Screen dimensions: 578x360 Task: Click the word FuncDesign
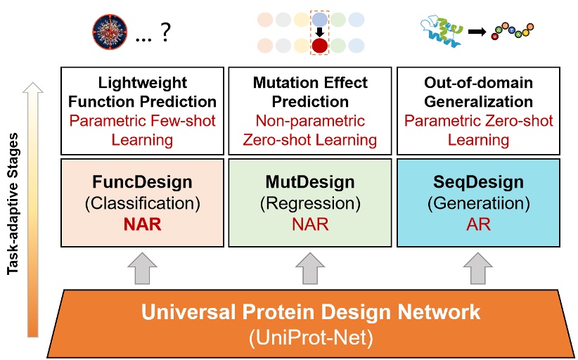142,182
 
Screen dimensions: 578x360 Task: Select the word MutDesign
310,182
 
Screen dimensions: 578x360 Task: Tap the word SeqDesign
478,182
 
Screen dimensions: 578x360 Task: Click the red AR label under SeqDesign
478,224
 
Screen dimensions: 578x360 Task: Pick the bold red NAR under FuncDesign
142,224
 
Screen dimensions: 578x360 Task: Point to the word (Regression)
310,203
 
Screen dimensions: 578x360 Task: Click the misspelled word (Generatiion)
478,203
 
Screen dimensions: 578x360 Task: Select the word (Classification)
142,203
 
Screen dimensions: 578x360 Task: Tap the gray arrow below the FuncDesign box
142,269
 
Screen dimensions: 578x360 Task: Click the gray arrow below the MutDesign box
310,269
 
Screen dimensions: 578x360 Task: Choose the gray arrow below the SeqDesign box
478,269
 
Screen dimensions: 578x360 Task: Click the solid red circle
320,46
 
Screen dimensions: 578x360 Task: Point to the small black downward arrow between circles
320,32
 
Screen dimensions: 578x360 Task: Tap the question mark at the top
165,32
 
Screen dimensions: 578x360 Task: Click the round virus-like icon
110,32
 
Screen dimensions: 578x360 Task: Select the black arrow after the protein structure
477,32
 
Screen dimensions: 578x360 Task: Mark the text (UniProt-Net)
311,337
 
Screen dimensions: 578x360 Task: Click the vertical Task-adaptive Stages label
13,203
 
